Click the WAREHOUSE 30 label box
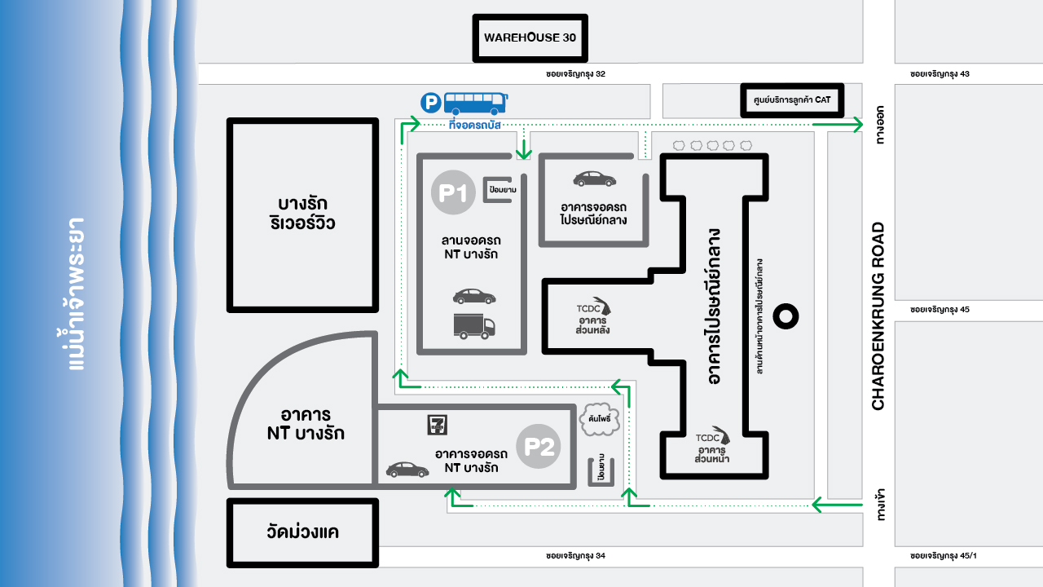pyautogui.click(x=530, y=38)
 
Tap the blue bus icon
pyautogui.click(x=474, y=102)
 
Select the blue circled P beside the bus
pyautogui.click(x=430, y=103)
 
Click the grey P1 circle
pyautogui.click(x=452, y=193)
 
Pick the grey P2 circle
pyautogui.click(x=539, y=446)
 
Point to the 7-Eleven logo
pyautogui.click(x=438, y=425)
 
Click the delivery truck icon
pyautogui.click(x=473, y=326)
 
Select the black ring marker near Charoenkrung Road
pyautogui.click(x=786, y=316)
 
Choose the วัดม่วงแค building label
pyautogui.click(x=302, y=533)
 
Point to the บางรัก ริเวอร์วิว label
pyautogui.click(x=302, y=214)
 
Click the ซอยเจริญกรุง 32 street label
pyautogui.click(x=575, y=74)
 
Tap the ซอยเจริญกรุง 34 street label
pyautogui.click(x=575, y=556)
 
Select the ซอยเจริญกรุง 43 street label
pyautogui.click(x=940, y=74)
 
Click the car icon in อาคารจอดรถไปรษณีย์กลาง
pyautogui.click(x=595, y=179)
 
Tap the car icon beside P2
pyautogui.click(x=407, y=470)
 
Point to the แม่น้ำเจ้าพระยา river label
pyautogui.click(x=77, y=293)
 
